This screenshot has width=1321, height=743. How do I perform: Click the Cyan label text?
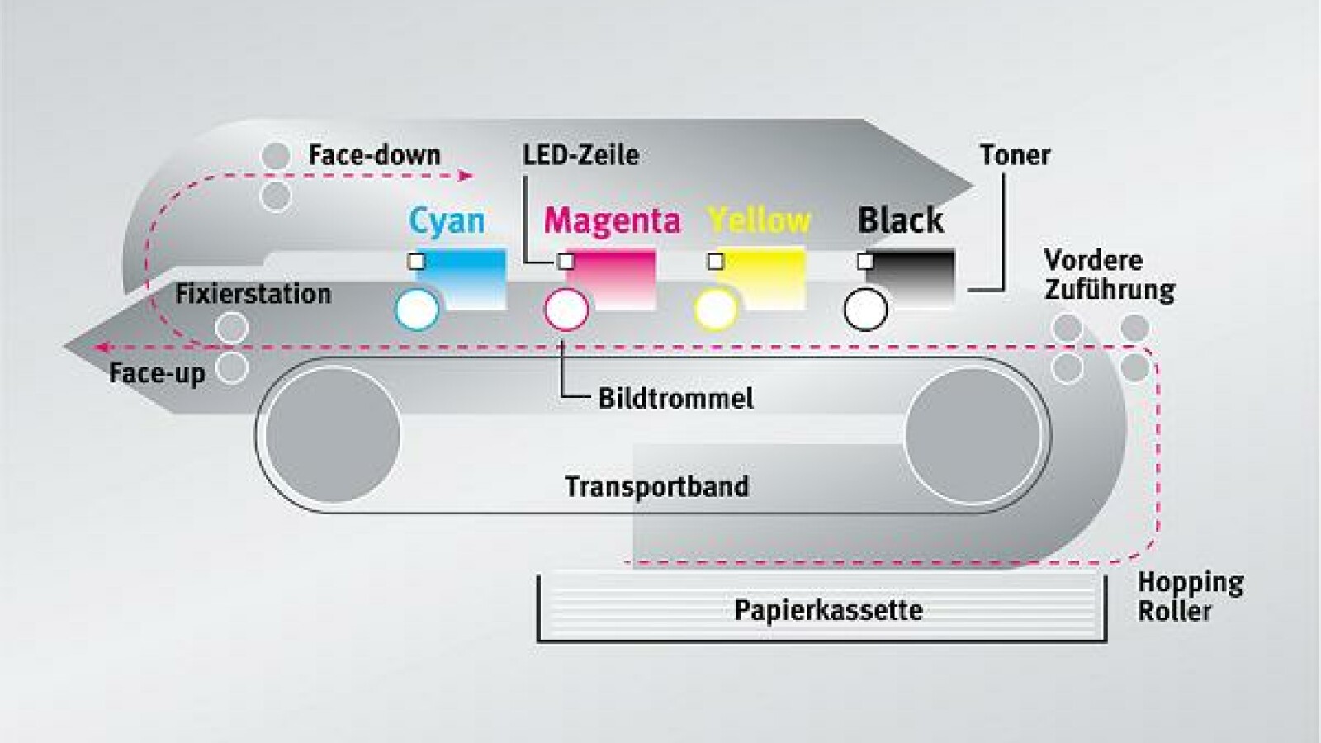(x=446, y=221)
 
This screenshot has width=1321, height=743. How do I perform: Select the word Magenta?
(x=612, y=220)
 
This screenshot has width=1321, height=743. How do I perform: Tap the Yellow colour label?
(x=760, y=220)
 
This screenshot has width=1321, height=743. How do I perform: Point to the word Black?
(x=900, y=220)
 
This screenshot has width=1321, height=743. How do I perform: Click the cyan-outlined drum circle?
(x=417, y=310)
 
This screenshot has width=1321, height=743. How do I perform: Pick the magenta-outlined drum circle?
(x=566, y=310)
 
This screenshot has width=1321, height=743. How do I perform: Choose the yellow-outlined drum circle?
(x=716, y=310)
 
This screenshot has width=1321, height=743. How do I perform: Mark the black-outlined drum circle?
(x=865, y=310)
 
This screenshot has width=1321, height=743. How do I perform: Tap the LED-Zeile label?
(x=580, y=155)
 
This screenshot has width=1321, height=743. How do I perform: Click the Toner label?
(x=1015, y=155)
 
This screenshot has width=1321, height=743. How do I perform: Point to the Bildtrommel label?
(x=675, y=399)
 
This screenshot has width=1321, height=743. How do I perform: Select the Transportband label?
(x=656, y=486)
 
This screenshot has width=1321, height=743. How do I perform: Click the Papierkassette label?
(x=828, y=610)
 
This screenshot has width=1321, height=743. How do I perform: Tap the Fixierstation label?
(x=253, y=294)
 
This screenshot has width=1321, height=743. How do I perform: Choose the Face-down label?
(x=374, y=155)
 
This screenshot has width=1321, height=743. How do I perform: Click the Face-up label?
(x=157, y=373)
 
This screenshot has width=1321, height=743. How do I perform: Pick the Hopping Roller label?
(x=1189, y=596)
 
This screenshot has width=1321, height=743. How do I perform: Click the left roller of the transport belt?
(x=333, y=434)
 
